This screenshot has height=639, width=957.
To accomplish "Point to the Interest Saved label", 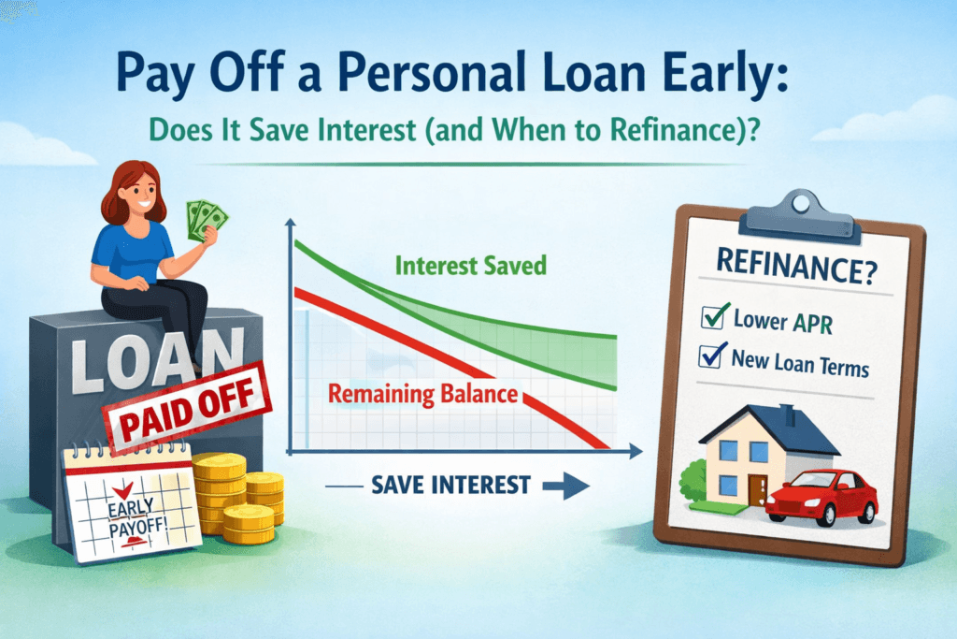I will coord(471,265).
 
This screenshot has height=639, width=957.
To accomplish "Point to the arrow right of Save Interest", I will coord(566,486).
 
